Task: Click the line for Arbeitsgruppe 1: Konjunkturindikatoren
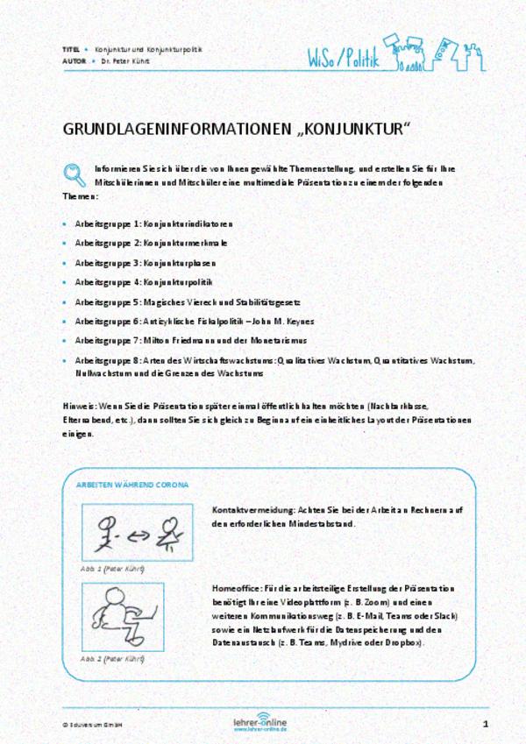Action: (153, 224)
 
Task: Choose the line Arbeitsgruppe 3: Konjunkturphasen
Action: (145, 263)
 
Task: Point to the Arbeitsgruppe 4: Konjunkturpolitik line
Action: (144, 282)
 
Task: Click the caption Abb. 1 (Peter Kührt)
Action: (112, 569)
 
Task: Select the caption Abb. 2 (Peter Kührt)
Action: (112, 658)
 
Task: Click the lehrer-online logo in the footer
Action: (260, 724)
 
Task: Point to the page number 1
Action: (485, 724)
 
